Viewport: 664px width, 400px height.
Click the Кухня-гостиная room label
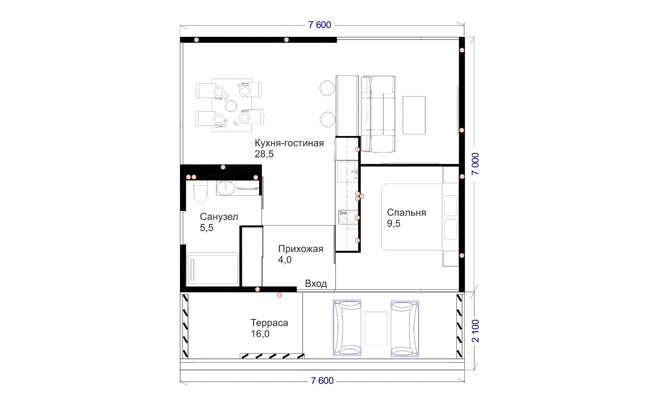click(x=289, y=143)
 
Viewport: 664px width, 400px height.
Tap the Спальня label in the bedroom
click(x=407, y=213)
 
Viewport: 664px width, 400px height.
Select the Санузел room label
click(x=219, y=217)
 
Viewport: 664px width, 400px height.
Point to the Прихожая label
click(x=300, y=249)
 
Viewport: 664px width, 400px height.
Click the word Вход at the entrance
click(x=316, y=284)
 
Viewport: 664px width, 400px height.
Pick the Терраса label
click(x=269, y=323)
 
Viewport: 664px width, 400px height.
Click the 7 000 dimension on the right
click(x=475, y=164)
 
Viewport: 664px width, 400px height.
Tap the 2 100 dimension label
click(x=475, y=331)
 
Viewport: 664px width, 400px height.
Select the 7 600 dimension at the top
click(x=320, y=25)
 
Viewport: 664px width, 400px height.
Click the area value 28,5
click(x=264, y=154)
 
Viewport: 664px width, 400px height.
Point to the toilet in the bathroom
click(x=201, y=192)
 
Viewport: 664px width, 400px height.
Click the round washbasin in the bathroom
click(x=226, y=188)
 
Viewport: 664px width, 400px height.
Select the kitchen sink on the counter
click(x=347, y=172)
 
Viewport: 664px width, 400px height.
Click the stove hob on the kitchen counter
click(x=348, y=217)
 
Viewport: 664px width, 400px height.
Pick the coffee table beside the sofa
click(x=414, y=115)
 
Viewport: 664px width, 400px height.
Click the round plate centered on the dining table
click(x=231, y=106)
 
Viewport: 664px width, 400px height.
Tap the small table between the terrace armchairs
click(x=376, y=328)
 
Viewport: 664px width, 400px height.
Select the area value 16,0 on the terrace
click(x=260, y=334)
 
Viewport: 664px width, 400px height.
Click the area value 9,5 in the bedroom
click(x=393, y=223)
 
